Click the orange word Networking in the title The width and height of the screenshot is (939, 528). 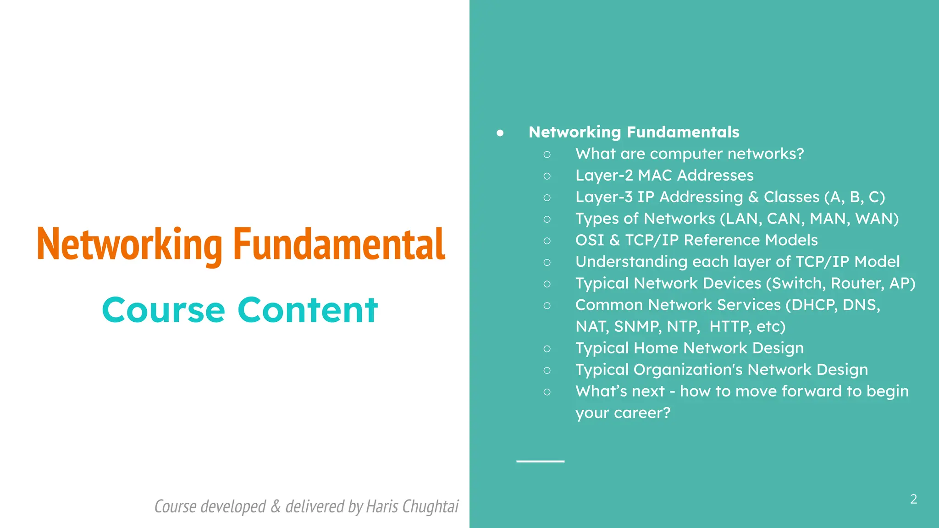[x=129, y=244]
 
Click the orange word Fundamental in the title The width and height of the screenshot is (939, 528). [x=339, y=244]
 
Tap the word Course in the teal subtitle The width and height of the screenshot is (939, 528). [x=164, y=310]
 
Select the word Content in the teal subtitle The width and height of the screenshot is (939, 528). [x=308, y=310]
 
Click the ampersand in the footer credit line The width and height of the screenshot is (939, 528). [x=276, y=506]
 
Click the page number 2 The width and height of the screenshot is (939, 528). [x=913, y=499]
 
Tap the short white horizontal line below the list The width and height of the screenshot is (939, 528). [x=540, y=461]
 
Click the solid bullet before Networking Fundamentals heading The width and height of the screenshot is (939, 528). [x=500, y=133]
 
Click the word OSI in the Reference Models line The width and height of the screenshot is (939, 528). [x=590, y=240]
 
